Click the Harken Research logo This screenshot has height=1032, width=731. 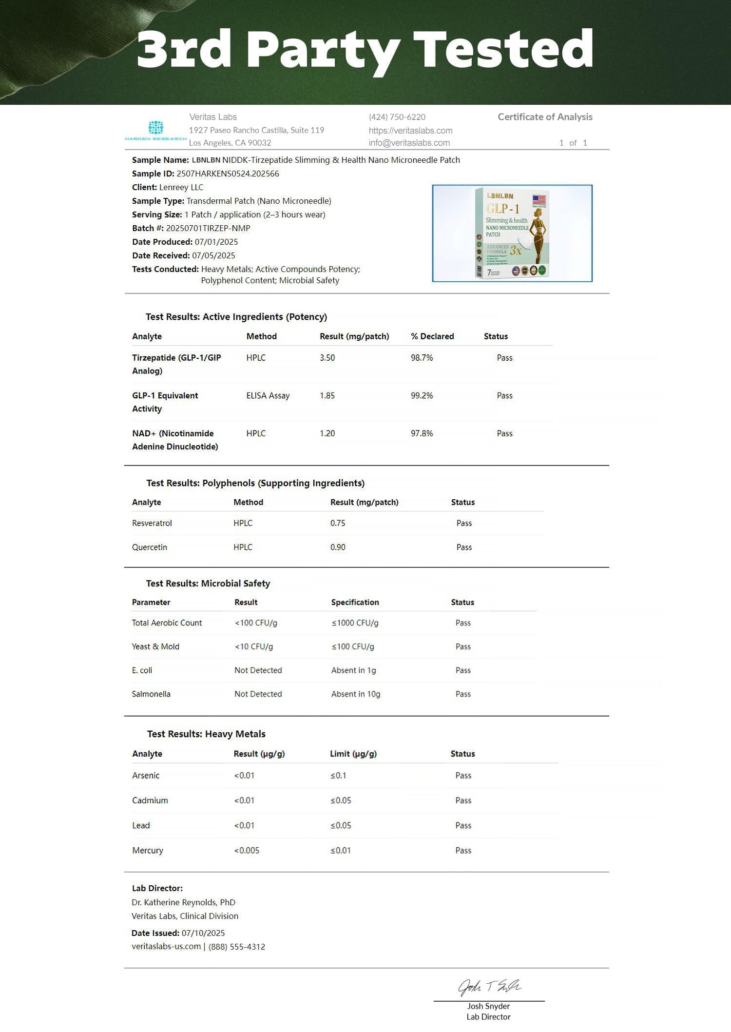[155, 131]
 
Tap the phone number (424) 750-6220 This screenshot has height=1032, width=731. [397, 117]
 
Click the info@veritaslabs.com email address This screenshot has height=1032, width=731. [409, 143]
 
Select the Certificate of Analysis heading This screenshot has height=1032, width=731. [545, 117]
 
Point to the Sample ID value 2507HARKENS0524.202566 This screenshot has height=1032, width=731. [228, 174]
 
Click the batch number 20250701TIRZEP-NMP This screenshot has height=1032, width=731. [208, 228]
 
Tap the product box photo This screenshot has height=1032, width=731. [512, 233]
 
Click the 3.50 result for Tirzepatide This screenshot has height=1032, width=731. [327, 358]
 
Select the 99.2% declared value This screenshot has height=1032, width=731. [422, 396]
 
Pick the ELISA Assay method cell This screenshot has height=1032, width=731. [268, 396]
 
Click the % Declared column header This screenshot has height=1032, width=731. [432, 336]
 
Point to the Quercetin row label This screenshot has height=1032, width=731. [150, 547]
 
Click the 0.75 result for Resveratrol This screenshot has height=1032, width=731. [338, 523]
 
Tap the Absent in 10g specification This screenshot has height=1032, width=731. [355, 694]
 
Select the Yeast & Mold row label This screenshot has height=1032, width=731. [155, 646]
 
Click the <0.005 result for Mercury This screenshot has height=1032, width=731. [247, 851]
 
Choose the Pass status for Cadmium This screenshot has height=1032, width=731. [463, 800]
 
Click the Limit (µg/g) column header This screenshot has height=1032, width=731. [353, 754]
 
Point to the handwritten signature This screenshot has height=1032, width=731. [489, 987]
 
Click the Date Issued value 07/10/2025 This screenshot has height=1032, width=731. [203, 933]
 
